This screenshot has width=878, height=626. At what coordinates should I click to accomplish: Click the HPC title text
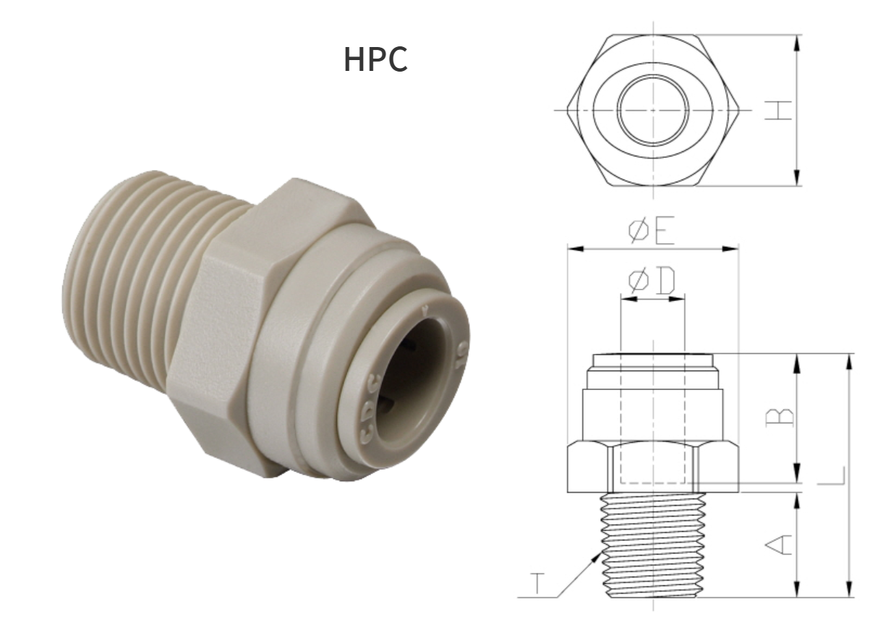click(x=375, y=59)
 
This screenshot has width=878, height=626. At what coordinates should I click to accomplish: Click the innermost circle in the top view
click(x=653, y=110)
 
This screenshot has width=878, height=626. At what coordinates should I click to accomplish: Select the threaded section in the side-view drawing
click(x=653, y=544)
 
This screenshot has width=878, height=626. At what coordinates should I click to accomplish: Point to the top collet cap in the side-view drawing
click(x=652, y=360)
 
